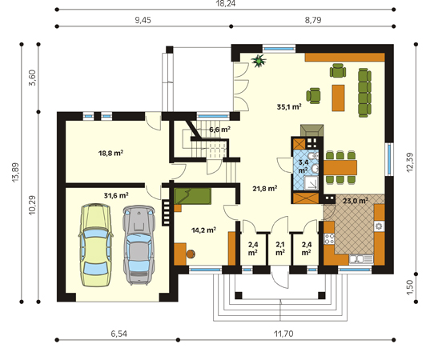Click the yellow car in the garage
pos(96,245)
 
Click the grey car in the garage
pos(139,245)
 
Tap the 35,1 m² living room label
pos(289,106)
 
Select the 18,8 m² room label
pos(111,153)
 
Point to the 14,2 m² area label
pos(203,230)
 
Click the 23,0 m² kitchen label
pos(356,201)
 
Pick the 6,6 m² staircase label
pos(219,129)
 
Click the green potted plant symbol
pos(259,61)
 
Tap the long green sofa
pos(364,93)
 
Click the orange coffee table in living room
pos(338,98)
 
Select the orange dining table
pos(340,167)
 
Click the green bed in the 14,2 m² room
pos(192,196)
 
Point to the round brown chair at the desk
pos(191,254)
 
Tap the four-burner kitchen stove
pos(329,238)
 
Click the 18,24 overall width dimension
pos(226,3)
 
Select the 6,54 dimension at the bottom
pos(119,334)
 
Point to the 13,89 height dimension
pos(15,172)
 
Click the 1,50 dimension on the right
pos(410,287)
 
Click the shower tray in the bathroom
pos(311,182)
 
